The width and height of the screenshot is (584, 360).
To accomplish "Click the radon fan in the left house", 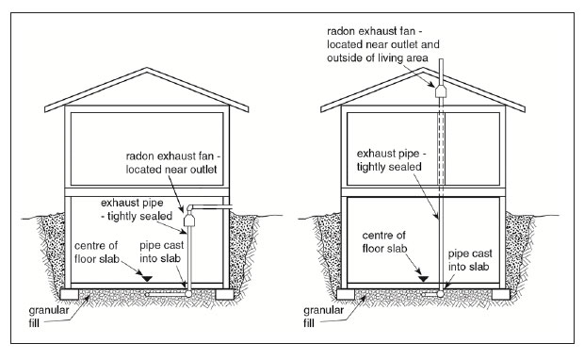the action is pos(189,219).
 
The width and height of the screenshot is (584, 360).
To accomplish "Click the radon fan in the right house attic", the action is pos(441,90).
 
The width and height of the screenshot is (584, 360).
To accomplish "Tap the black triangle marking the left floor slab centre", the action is pos(148,278).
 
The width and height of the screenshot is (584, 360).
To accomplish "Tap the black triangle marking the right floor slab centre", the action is pos(424,278).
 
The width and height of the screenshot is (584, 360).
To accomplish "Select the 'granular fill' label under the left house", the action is pos(49,317).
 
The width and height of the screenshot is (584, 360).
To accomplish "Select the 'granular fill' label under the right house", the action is pos(324,317).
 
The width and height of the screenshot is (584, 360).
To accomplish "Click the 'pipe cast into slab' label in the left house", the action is pos(162,252).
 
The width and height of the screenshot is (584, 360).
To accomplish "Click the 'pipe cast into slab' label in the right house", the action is pos(470,260).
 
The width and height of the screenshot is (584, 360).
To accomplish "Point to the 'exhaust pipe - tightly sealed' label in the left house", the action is pos(137,209).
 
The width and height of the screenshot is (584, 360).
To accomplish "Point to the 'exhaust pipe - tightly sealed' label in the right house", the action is pos(391,160).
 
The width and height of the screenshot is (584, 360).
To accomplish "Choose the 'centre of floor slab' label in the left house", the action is pos(96,253).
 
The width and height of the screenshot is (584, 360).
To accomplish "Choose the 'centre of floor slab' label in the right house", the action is pos(384,242).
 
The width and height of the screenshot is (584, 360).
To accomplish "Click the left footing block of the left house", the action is pos(70,294).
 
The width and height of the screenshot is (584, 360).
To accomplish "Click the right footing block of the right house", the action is pos(500,294).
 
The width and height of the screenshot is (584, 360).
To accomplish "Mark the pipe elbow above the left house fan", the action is pos(190,207).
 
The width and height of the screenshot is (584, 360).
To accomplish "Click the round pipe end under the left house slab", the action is pos(188,294).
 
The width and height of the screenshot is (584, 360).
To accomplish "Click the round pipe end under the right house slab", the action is pos(441,294).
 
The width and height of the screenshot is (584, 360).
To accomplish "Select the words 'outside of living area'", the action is pos(378,57).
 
